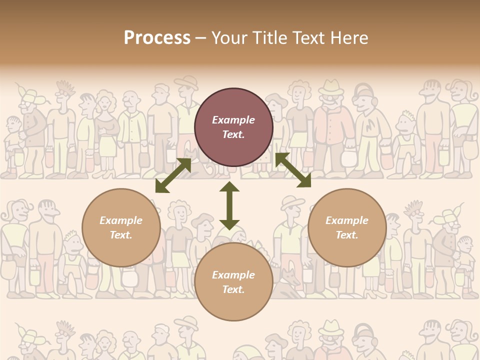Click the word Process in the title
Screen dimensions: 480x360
(157, 38)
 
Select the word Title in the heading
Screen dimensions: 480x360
(268, 38)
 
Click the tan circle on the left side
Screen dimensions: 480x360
(121, 227)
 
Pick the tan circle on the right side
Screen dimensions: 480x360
(347, 227)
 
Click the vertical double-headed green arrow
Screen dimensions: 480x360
(229, 206)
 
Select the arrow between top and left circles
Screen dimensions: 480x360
(173, 175)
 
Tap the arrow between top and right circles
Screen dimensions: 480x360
(293, 170)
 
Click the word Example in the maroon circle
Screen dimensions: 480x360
(233, 120)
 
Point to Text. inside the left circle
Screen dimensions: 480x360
(121, 235)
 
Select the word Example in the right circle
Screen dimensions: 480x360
(347, 220)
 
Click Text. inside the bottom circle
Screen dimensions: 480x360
(233, 289)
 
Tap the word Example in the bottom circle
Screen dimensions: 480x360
(233, 275)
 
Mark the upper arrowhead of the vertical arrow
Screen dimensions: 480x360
(229, 187)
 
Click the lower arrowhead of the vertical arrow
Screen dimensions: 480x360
(229, 224)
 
